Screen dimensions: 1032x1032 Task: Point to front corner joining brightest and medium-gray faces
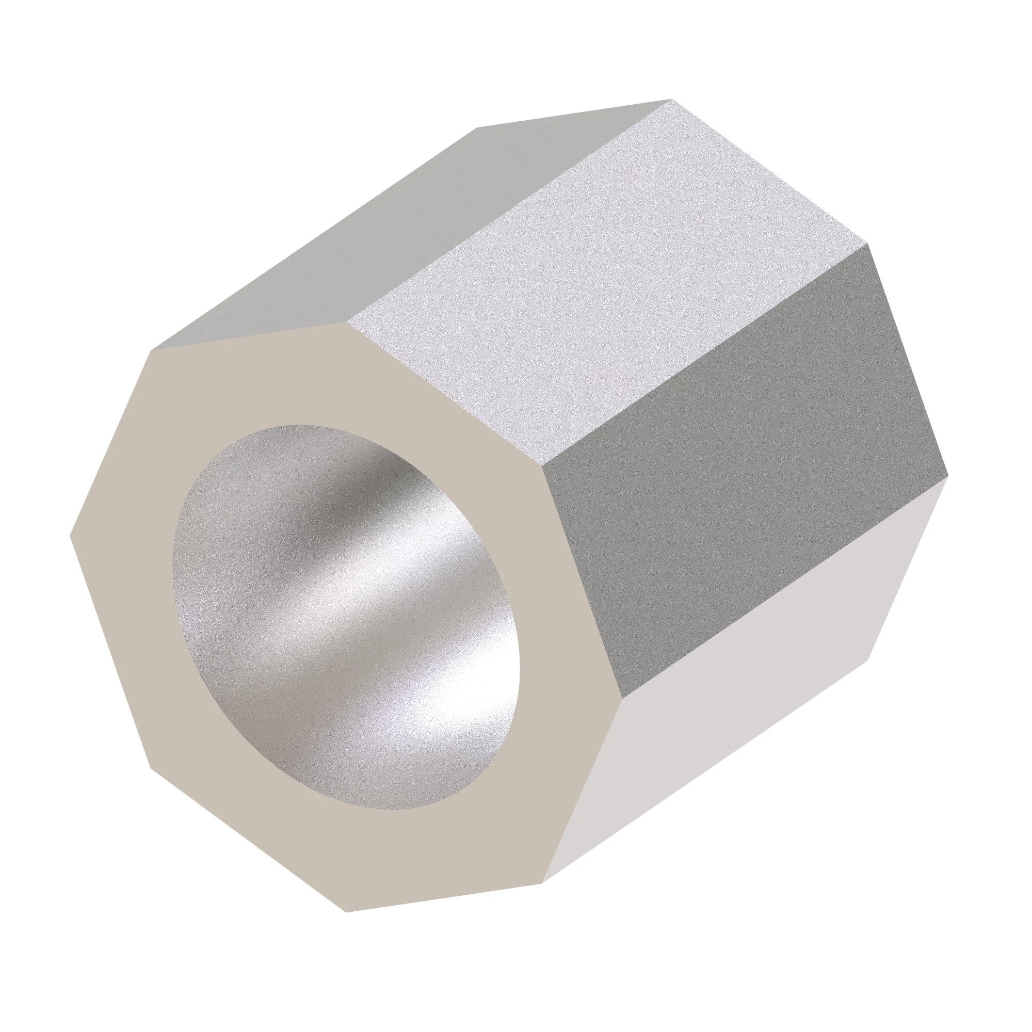(347, 322)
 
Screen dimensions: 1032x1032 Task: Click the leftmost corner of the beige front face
(70, 533)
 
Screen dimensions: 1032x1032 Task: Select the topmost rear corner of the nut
(671, 100)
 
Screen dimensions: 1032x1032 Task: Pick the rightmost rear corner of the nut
(947, 474)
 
